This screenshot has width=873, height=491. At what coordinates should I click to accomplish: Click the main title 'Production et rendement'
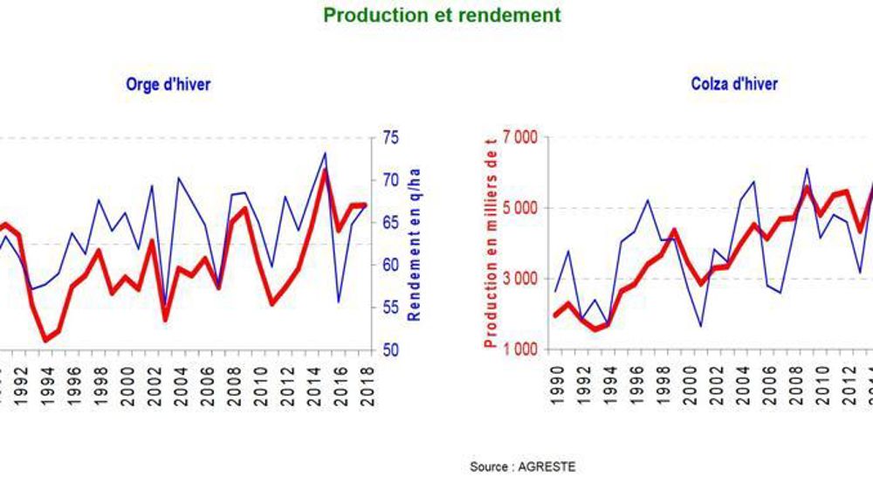442,16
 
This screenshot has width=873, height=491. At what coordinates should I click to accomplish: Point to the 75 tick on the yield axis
390,137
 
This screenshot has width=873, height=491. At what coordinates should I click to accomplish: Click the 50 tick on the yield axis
390,350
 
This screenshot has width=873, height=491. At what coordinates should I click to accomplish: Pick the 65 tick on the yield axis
390,223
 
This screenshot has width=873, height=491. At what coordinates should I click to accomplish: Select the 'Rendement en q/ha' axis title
416,244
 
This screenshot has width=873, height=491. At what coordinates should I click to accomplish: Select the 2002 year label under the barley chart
151,382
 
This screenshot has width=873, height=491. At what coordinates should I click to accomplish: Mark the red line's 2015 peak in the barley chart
325,170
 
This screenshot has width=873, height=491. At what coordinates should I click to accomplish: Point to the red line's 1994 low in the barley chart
45,341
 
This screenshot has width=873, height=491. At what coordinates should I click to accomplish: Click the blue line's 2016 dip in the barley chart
338,301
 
